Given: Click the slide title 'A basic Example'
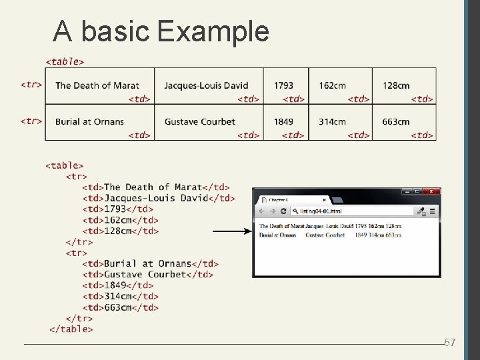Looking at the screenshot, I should click(x=161, y=31).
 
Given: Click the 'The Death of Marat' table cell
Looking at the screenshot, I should click(x=97, y=85).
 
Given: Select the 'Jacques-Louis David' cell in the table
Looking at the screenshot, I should click(x=206, y=85).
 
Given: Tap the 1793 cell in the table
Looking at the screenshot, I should click(x=283, y=85).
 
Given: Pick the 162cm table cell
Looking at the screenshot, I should click(x=332, y=85).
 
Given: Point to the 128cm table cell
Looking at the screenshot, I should click(x=396, y=85).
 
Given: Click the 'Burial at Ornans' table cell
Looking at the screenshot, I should click(x=89, y=121).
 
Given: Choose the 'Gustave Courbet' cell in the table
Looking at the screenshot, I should click(x=199, y=121).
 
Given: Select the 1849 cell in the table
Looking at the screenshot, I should click(x=283, y=121).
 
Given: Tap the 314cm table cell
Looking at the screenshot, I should click(x=332, y=121).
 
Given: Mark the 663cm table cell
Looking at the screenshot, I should click(x=396, y=121).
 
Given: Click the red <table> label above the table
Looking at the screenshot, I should click(x=65, y=61).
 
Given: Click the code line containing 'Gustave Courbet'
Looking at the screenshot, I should click(x=147, y=274).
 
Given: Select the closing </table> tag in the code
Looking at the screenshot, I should click(x=71, y=329).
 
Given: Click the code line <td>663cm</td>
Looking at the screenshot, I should click(x=120, y=307).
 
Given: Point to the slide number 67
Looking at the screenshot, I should click(x=449, y=343).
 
